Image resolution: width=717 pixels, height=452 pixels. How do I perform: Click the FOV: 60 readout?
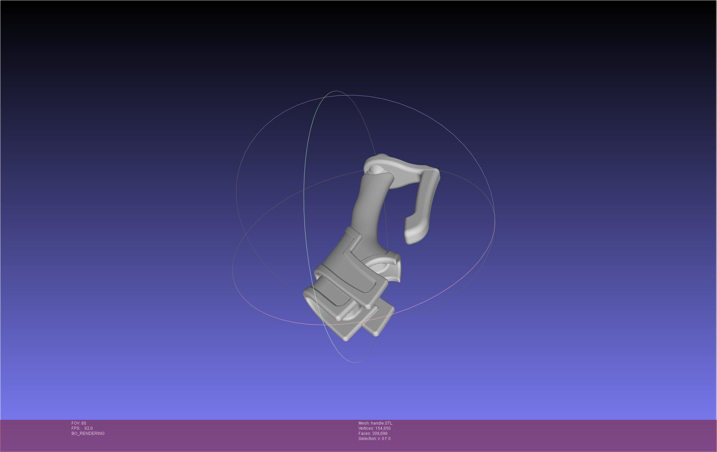pos(79,423)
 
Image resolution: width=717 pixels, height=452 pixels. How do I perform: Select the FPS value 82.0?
pos(88,428)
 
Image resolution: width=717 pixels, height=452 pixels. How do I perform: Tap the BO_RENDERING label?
pos(88,434)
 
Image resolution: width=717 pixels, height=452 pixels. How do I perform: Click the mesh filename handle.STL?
pos(381,423)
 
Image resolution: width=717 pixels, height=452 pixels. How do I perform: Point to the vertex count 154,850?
pos(383,428)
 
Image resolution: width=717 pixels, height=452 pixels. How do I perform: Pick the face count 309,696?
pos(380,434)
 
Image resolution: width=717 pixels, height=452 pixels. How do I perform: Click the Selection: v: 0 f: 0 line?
pos(374,439)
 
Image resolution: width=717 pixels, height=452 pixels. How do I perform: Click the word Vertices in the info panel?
pos(365,428)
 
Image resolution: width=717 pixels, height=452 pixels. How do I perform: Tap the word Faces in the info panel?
pos(364,434)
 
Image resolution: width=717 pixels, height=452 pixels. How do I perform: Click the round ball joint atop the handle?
pos(376,169)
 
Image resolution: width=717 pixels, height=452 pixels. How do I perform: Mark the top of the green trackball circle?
pos(336,91)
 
